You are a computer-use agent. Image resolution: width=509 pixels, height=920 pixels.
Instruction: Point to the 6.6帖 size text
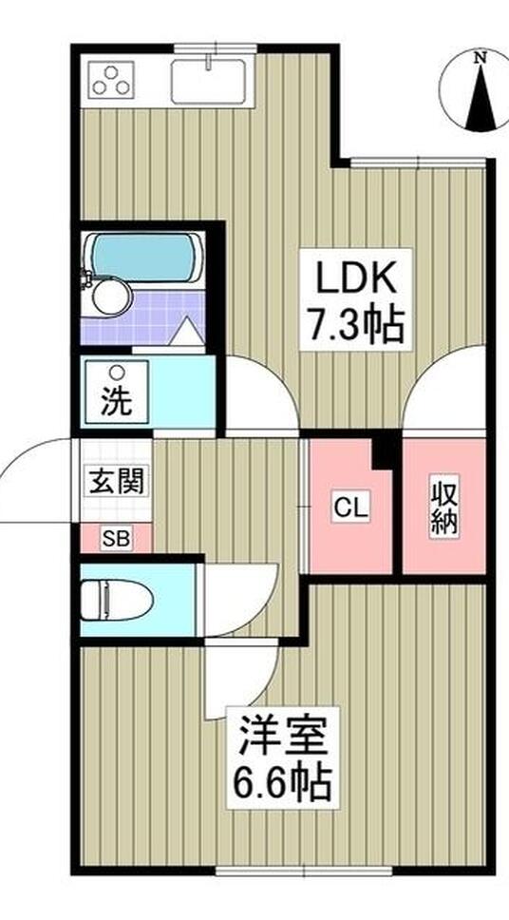click(283, 781)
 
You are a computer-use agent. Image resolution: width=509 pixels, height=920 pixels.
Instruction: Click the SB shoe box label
click(116, 538)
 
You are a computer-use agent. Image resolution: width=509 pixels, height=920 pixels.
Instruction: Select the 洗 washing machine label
click(116, 404)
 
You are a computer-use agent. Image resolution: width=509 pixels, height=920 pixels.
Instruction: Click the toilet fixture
click(118, 600)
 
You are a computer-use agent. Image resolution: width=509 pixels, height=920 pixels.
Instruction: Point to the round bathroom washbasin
click(111, 297)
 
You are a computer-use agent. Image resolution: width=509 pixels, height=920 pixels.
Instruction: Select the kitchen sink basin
click(208, 82)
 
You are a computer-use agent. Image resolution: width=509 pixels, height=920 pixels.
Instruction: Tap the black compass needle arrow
click(481, 97)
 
